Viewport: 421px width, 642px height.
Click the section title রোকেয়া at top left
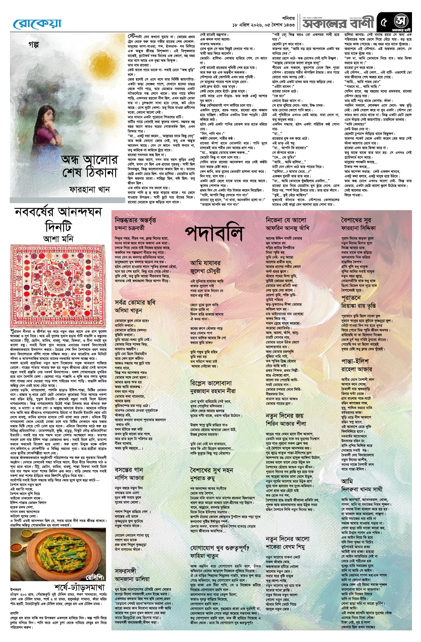(x=37, y=23)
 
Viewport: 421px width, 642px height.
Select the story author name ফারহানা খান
(x=89, y=190)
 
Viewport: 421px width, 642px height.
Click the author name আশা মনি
(x=58, y=239)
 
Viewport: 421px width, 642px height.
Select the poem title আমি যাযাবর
(x=205, y=263)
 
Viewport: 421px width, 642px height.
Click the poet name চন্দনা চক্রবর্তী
(x=130, y=228)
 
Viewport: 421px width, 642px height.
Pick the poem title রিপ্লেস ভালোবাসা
(x=211, y=383)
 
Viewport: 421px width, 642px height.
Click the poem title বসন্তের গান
(x=129, y=470)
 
